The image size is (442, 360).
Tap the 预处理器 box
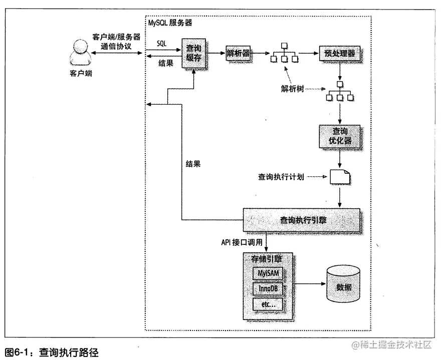pos(340,53)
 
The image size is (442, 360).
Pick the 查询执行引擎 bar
pos(301,219)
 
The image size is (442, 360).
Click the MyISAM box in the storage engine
pos(268,273)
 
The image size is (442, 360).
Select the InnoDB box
pos(268,290)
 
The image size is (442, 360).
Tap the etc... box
pos(268,305)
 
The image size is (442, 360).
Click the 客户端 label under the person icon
pos(81,74)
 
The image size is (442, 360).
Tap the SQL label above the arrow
pos(162,44)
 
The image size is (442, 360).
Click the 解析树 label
pos(292,88)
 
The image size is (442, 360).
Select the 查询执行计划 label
pos(281,177)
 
